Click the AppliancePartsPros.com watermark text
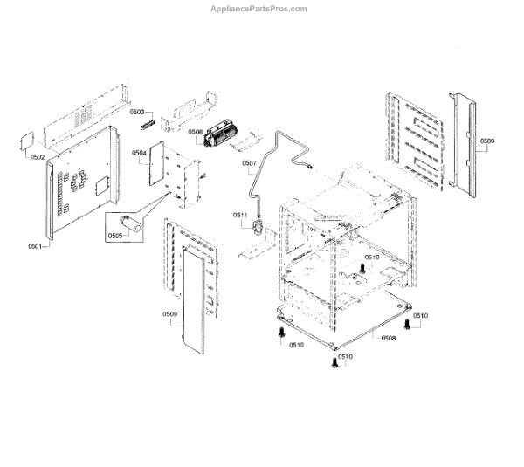tap(259, 9)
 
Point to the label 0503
tap(137, 113)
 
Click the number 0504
tap(139, 153)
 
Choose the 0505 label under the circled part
tap(115, 236)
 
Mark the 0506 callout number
tap(195, 132)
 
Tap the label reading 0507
tap(249, 163)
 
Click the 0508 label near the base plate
tap(388, 338)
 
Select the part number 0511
tap(240, 215)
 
